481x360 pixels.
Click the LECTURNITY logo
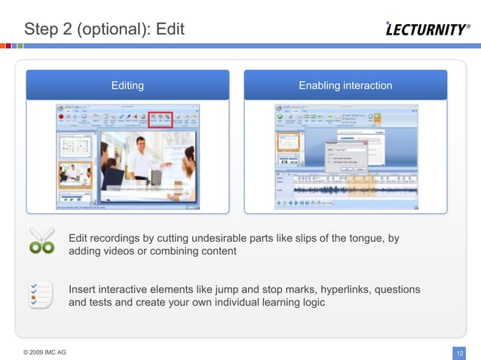coord(427,30)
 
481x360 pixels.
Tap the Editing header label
coord(127,85)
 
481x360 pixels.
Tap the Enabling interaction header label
coord(345,85)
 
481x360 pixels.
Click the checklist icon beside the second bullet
coord(40,294)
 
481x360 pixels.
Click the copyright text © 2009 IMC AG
coord(44,352)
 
